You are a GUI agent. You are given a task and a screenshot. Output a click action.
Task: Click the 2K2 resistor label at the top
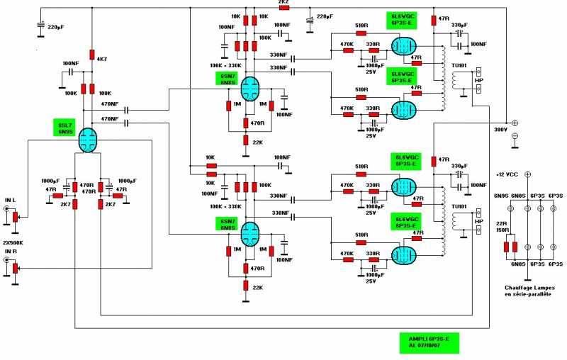tap(283, 3)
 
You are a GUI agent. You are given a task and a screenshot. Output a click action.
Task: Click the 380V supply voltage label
tap(502, 130)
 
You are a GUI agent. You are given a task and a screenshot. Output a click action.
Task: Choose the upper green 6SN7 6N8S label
tap(228, 79)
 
